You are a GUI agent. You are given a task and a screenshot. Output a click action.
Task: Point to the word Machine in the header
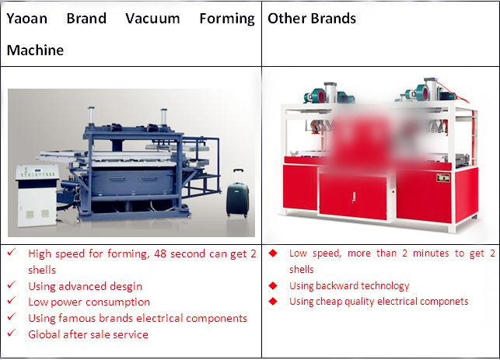tap(35, 51)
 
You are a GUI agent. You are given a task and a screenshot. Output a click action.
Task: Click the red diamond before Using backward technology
tap(273, 285)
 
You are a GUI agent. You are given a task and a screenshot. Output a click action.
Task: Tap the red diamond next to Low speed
tap(273, 253)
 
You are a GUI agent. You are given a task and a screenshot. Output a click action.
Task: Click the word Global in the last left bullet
tap(45, 334)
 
